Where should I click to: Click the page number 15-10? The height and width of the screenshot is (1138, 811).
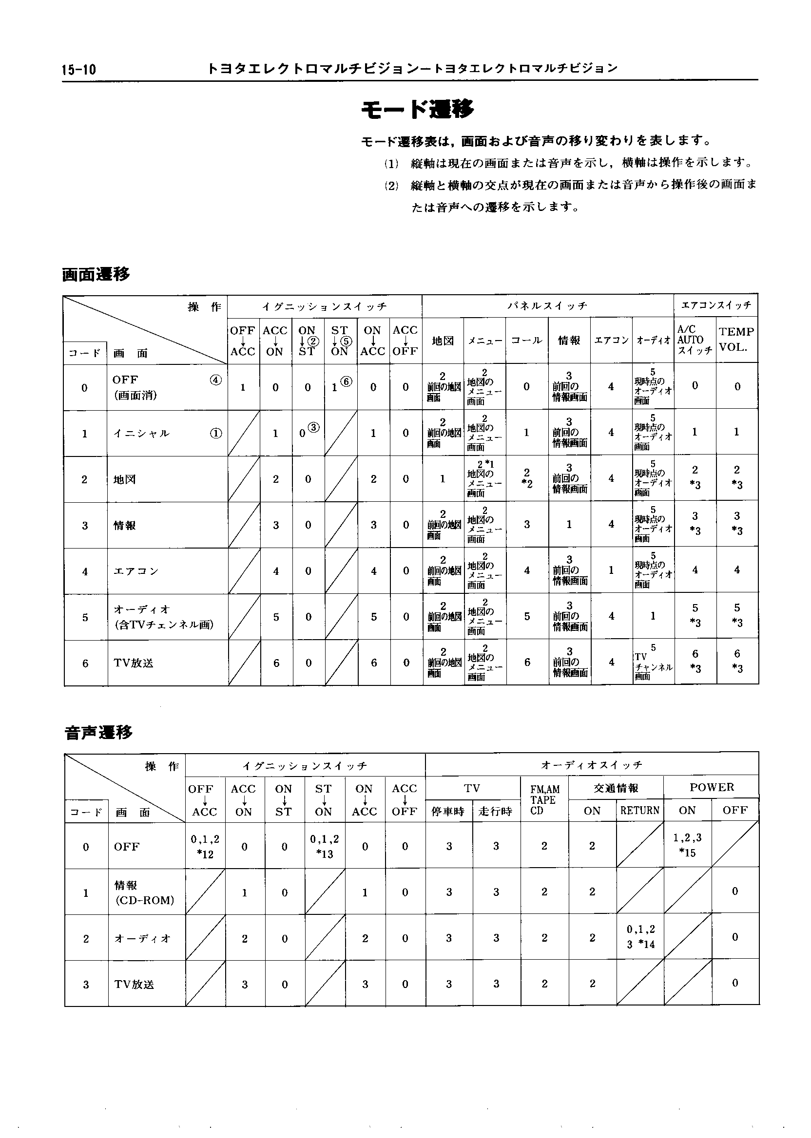(x=79, y=69)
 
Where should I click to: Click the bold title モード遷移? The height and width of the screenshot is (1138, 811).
(x=417, y=109)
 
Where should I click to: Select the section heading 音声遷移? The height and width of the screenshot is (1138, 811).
(x=98, y=733)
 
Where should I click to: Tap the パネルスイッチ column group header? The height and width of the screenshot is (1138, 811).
(x=547, y=305)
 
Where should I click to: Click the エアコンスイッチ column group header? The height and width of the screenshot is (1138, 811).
(x=715, y=305)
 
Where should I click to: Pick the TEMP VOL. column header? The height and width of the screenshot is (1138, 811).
(x=736, y=340)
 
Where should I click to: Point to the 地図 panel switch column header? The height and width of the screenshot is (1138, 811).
(x=443, y=341)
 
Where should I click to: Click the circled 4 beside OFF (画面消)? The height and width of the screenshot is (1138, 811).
(x=216, y=380)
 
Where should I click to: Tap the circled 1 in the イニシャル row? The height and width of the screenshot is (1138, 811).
(x=216, y=433)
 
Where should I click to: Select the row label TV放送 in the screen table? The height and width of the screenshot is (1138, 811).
(x=134, y=663)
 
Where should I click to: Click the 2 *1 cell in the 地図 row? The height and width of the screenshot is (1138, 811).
(x=484, y=478)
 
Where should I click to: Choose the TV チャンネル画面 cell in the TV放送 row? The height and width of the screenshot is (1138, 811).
(x=653, y=663)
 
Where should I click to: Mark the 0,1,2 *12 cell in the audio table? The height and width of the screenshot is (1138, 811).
(x=205, y=847)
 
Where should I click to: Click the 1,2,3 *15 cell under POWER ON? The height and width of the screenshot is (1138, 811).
(x=687, y=845)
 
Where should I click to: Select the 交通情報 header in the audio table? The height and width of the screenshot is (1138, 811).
(x=616, y=788)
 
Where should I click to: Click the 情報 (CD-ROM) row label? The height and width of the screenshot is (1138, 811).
(x=144, y=892)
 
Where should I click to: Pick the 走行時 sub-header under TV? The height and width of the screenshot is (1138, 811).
(x=495, y=811)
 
